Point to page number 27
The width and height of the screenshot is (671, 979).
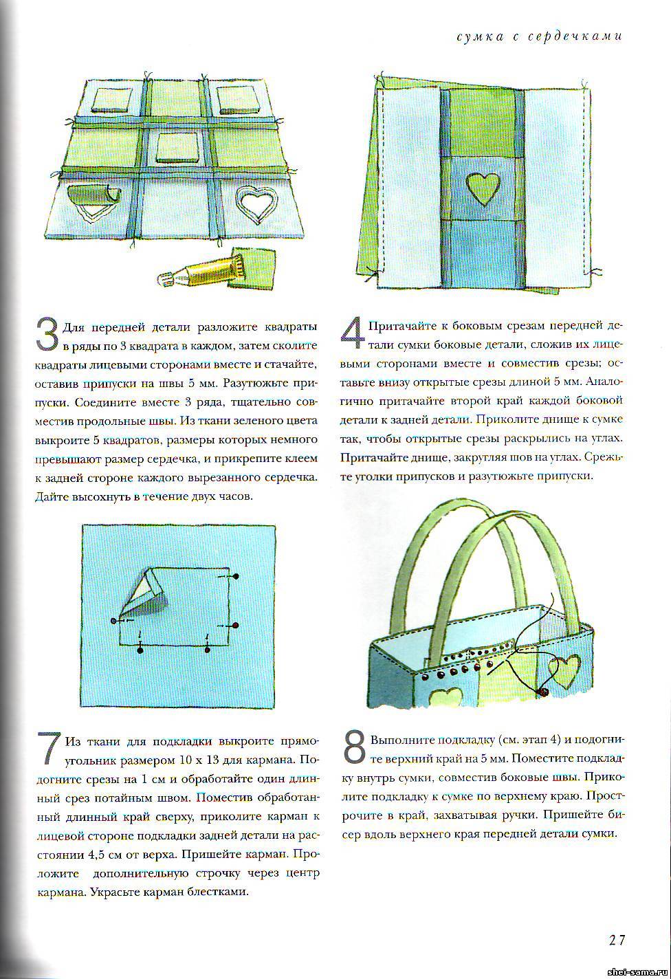[615, 940]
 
